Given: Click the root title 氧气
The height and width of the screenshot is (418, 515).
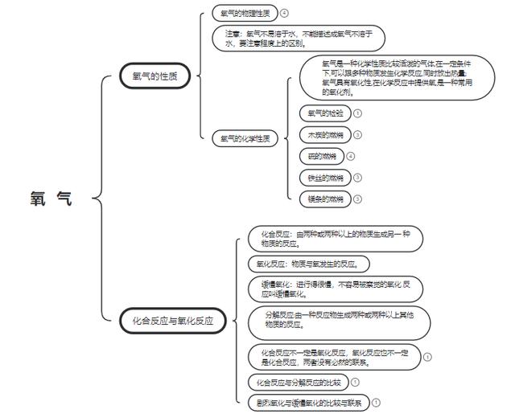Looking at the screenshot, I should [x=51, y=199].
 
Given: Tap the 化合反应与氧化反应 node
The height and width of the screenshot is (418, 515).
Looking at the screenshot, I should [x=173, y=320].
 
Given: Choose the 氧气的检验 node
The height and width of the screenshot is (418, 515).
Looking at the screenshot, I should [x=325, y=113].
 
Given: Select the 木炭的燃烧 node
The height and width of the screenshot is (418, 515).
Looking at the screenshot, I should [x=325, y=134].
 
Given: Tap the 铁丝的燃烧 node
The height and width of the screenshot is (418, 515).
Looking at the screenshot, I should [x=325, y=177].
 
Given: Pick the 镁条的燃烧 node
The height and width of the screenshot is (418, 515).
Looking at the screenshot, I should [x=325, y=198].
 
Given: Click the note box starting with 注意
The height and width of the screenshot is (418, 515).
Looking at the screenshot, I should [x=299, y=38].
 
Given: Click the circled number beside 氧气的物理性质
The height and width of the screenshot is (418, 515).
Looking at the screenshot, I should [x=284, y=13].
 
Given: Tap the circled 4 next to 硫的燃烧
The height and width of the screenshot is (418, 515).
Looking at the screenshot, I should [x=350, y=156].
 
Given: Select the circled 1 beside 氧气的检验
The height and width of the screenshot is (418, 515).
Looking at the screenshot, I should [x=357, y=113].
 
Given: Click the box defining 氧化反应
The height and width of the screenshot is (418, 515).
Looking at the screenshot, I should [x=308, y=263].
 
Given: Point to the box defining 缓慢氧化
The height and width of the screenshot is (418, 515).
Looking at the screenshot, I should [x=334, y=289].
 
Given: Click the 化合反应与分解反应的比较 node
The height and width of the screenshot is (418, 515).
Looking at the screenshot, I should [x=295, y=382].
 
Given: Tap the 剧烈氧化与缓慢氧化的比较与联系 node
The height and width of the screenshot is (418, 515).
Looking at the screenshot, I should [x=308, y=403].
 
